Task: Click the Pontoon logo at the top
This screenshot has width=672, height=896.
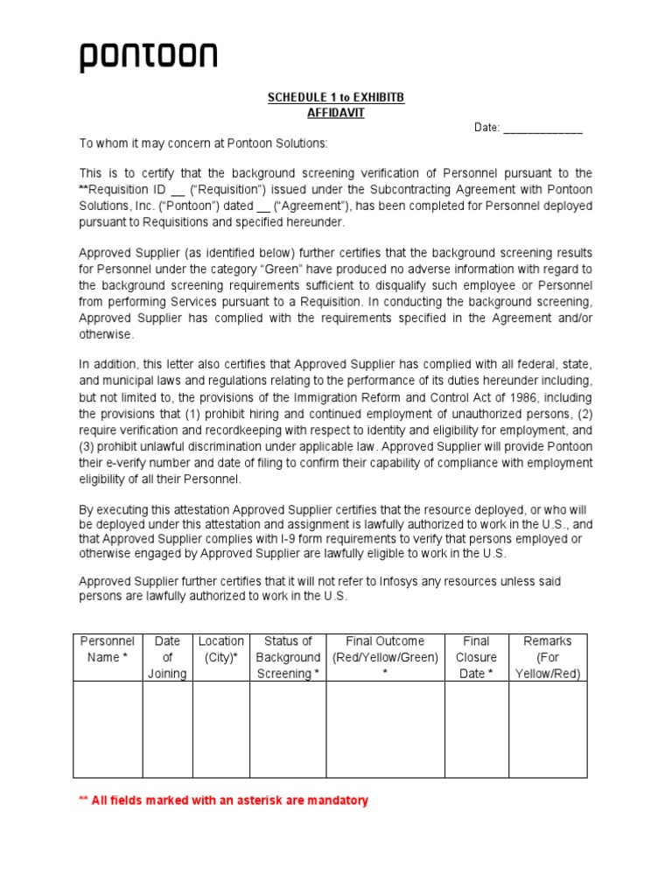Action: [x=149, y=58]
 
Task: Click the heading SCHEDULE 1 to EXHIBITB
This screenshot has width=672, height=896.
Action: [x=336, y=98]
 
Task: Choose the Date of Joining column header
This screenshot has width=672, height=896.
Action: [x=167, y=657]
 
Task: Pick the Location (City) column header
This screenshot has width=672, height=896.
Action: [x=221, y=649]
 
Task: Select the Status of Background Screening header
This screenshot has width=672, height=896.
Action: [x=288, y=657]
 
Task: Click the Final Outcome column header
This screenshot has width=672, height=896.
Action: [x=385, y=649]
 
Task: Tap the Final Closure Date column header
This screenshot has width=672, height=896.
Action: [x=476, y=657]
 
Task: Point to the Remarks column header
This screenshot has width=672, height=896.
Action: [x=548, y=657]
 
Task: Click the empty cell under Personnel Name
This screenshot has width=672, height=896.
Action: [x=108, y=729]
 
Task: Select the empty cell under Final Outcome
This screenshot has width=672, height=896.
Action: [x=385, y=729]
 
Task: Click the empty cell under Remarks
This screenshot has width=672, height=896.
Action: [x=548, y=729]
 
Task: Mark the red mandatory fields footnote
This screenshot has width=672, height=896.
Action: [x=224, y=801]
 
